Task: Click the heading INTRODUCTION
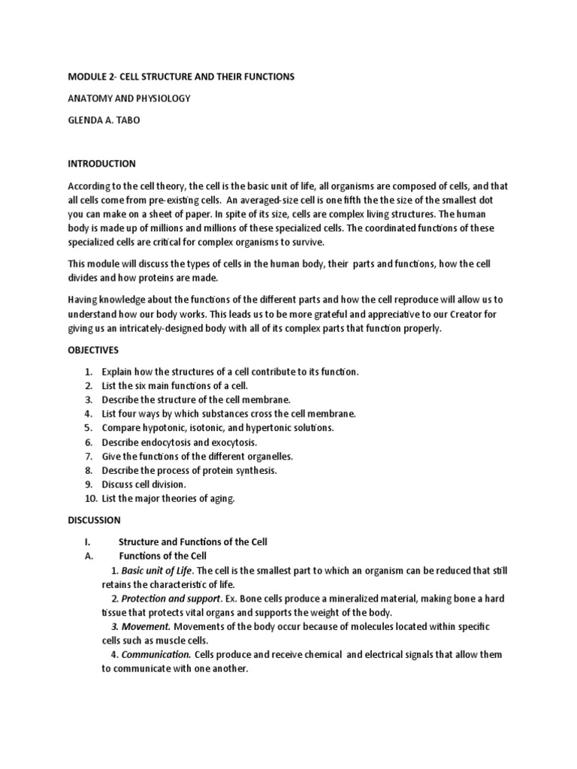pos(101,164)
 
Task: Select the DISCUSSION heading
pos(94,520)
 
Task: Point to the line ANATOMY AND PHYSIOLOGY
pos(129,98)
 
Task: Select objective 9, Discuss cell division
pos(143,484)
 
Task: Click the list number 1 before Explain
pos(89,372)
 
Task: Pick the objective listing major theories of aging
pos(168,499)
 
